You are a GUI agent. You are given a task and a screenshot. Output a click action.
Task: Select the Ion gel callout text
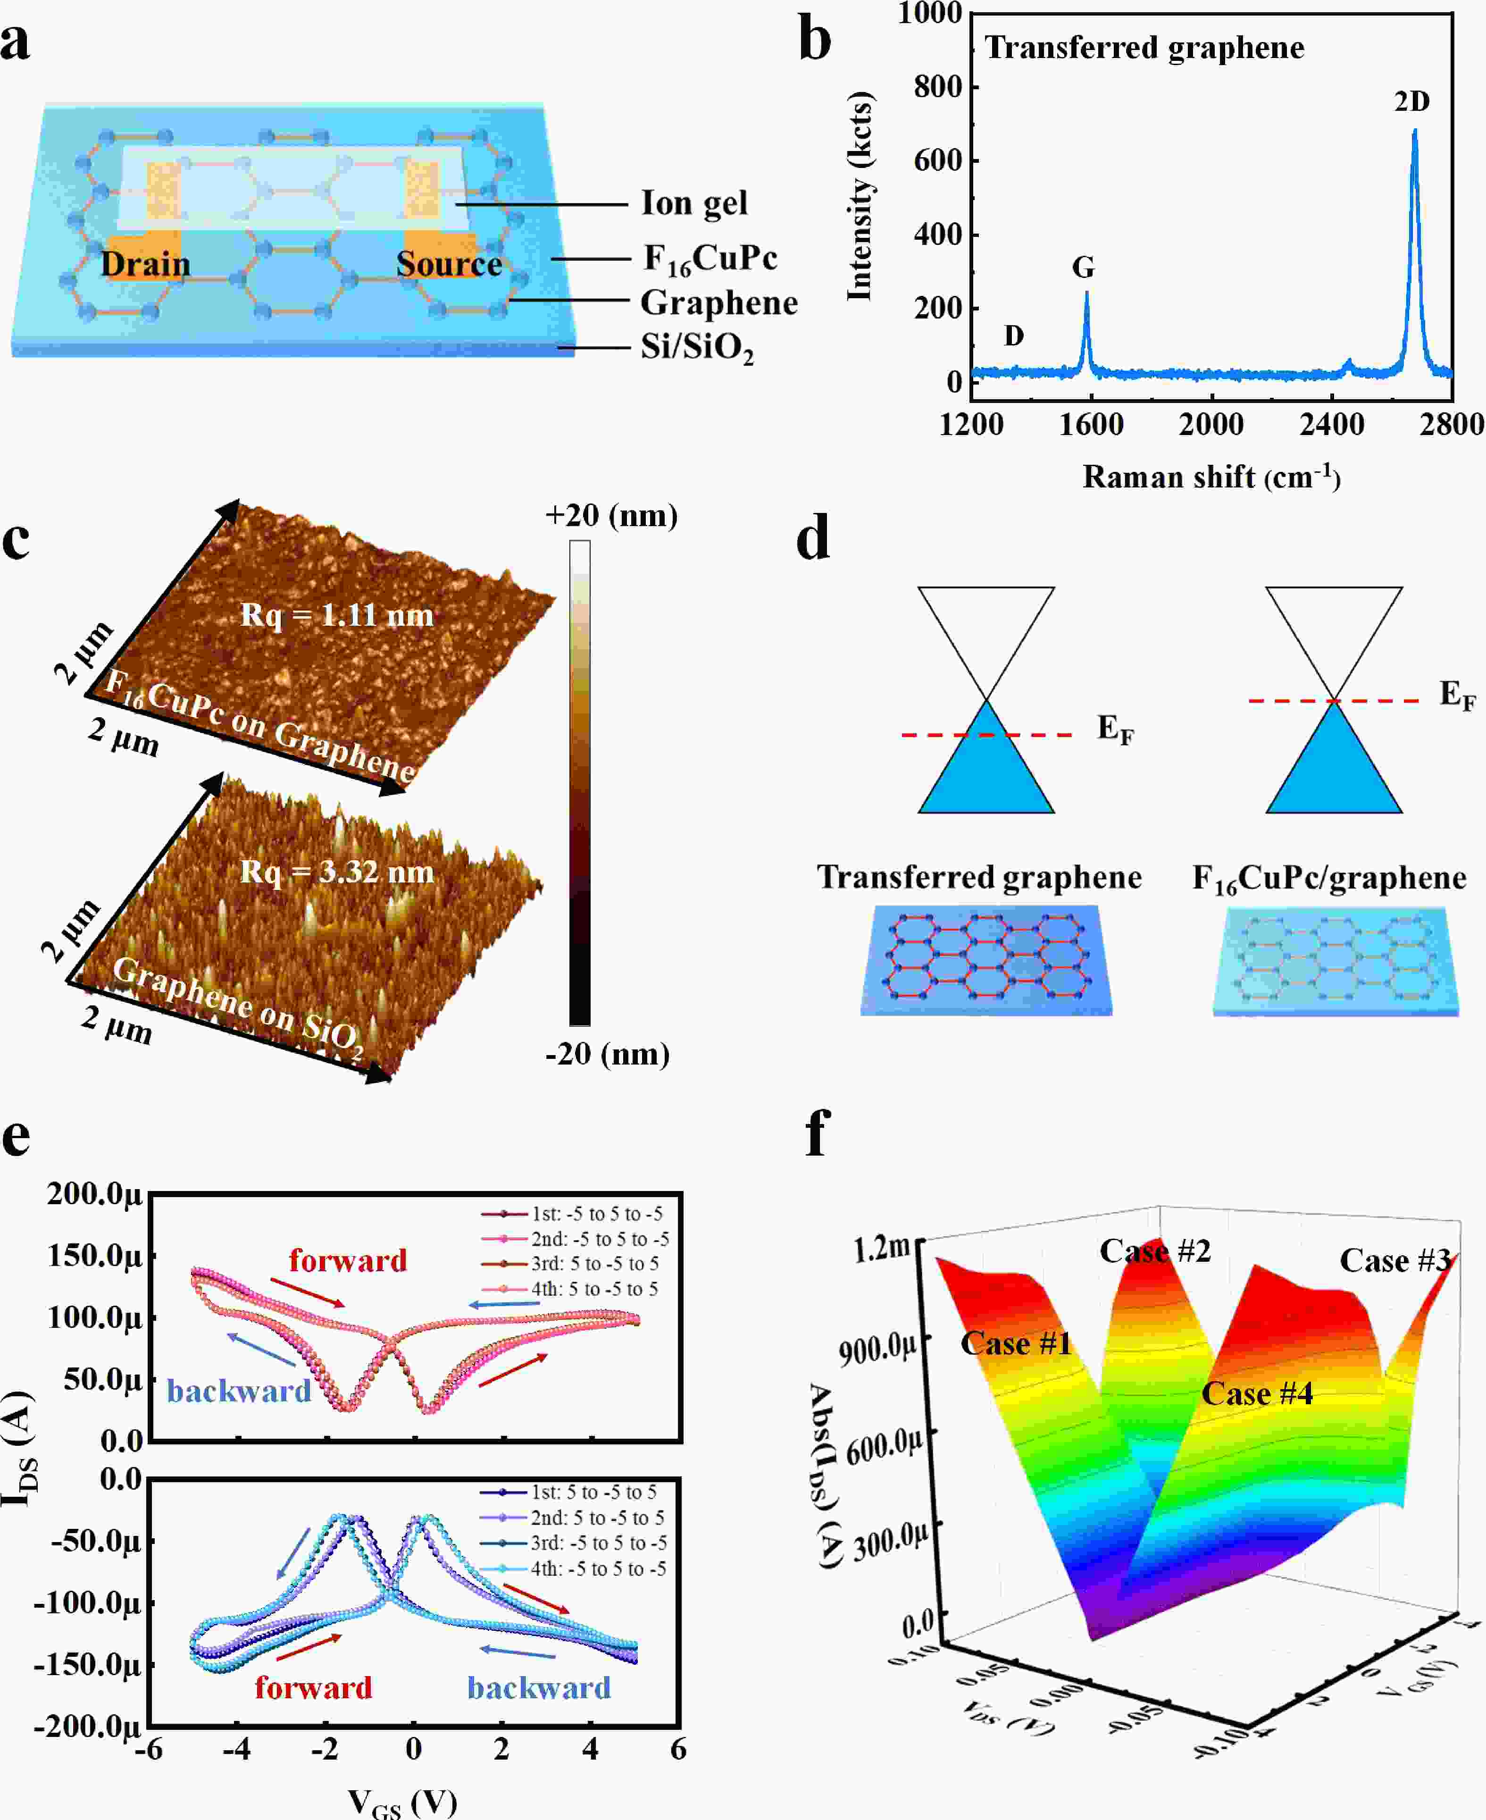click(x=694, y=204)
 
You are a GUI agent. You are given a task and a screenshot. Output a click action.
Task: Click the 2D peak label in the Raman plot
click(x=1411, y=102)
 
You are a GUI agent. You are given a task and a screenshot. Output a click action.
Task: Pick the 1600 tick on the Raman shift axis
click(x=1092, y=425)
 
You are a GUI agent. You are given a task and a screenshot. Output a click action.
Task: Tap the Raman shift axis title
click(x=1211, y=477)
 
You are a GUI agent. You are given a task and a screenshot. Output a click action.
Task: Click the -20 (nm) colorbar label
click(x=607, y=1054)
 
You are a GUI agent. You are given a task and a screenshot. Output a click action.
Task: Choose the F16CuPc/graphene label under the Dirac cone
click(x=1328, y=878)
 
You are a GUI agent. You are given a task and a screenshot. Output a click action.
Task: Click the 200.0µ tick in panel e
click(x=94, y=1193)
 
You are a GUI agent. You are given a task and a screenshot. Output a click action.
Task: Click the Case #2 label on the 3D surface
click(x=1155, y=1251)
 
